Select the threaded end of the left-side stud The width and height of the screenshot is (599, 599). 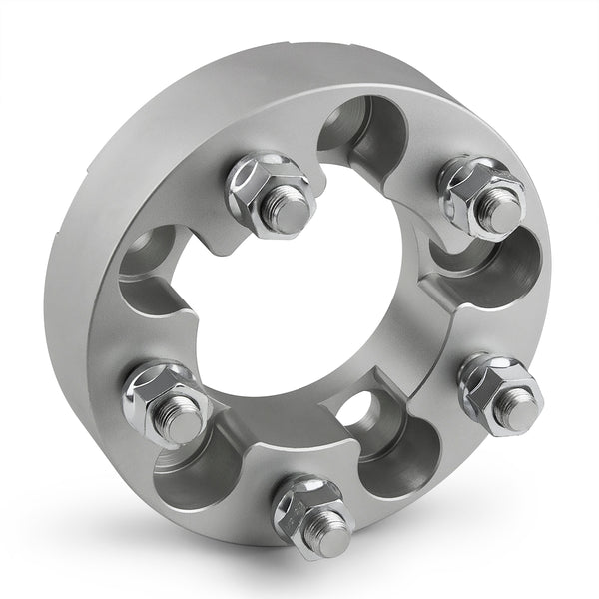[x=185, y=421]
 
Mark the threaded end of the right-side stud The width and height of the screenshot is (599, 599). [x=518, y=409]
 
